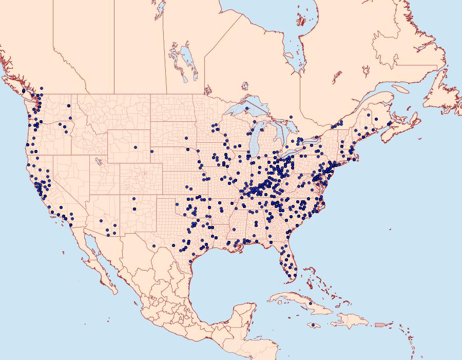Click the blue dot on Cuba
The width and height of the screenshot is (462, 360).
click(311, 304)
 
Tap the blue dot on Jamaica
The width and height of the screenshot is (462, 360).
click(313, 325)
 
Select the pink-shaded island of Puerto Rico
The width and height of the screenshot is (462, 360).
click(380, 324)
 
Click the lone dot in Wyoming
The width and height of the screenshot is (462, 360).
click(136, 147)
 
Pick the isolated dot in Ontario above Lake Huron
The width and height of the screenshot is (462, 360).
click(291, 118)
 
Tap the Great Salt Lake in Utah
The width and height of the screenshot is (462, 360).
click(96, 160)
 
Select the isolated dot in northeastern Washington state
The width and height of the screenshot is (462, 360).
click(68, 106)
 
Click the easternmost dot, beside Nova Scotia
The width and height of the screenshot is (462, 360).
click(390, 124)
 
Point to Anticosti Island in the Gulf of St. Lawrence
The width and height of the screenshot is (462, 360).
click(400, 89)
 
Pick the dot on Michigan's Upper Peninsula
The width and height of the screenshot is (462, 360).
click(247, 109)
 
